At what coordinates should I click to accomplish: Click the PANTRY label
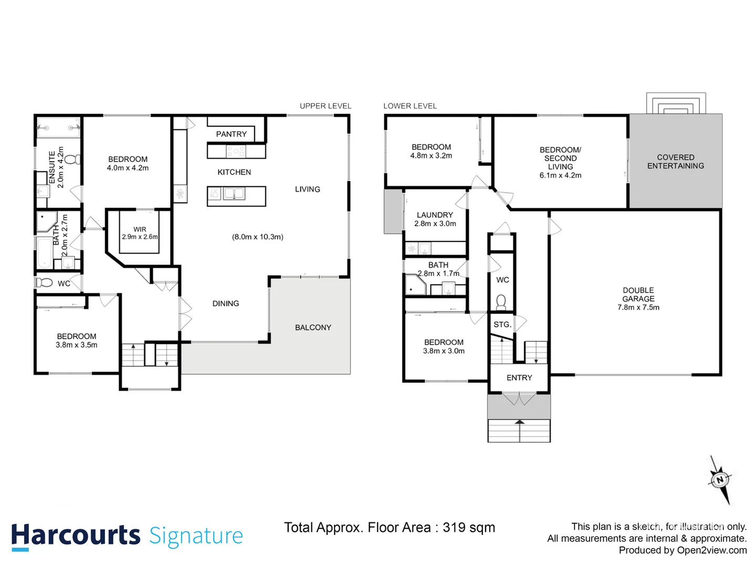[x=231, y=134]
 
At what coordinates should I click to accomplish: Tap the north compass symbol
[x=720, y=479]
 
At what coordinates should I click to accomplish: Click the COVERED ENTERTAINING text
[x=676, y=162]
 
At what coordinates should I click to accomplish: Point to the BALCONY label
[x=313, y=328]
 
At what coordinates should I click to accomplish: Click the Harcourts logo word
[x=76, y=535]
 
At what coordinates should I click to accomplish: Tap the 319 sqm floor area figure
[x=469, y=528]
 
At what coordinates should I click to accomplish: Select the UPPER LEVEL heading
[x=325, y=106]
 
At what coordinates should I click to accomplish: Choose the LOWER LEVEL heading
[x=410, y=106]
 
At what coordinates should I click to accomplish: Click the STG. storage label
[x=502, y=324]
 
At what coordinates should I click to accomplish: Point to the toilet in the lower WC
[x=501, y=302]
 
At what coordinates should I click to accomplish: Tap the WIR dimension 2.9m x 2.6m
[x=140, y=237]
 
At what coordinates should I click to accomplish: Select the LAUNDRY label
[x=435, y=215]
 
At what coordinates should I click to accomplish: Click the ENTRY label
[x=519, y=378]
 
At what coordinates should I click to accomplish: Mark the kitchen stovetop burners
[x=236, y=152]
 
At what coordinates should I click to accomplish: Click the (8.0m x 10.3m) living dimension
[x=258, y=237]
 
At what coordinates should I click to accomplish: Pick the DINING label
[x=226, y=303]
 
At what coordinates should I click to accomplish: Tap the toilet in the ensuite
[x=72, y=159]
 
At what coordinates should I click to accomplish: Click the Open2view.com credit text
[x=712, y=550]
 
